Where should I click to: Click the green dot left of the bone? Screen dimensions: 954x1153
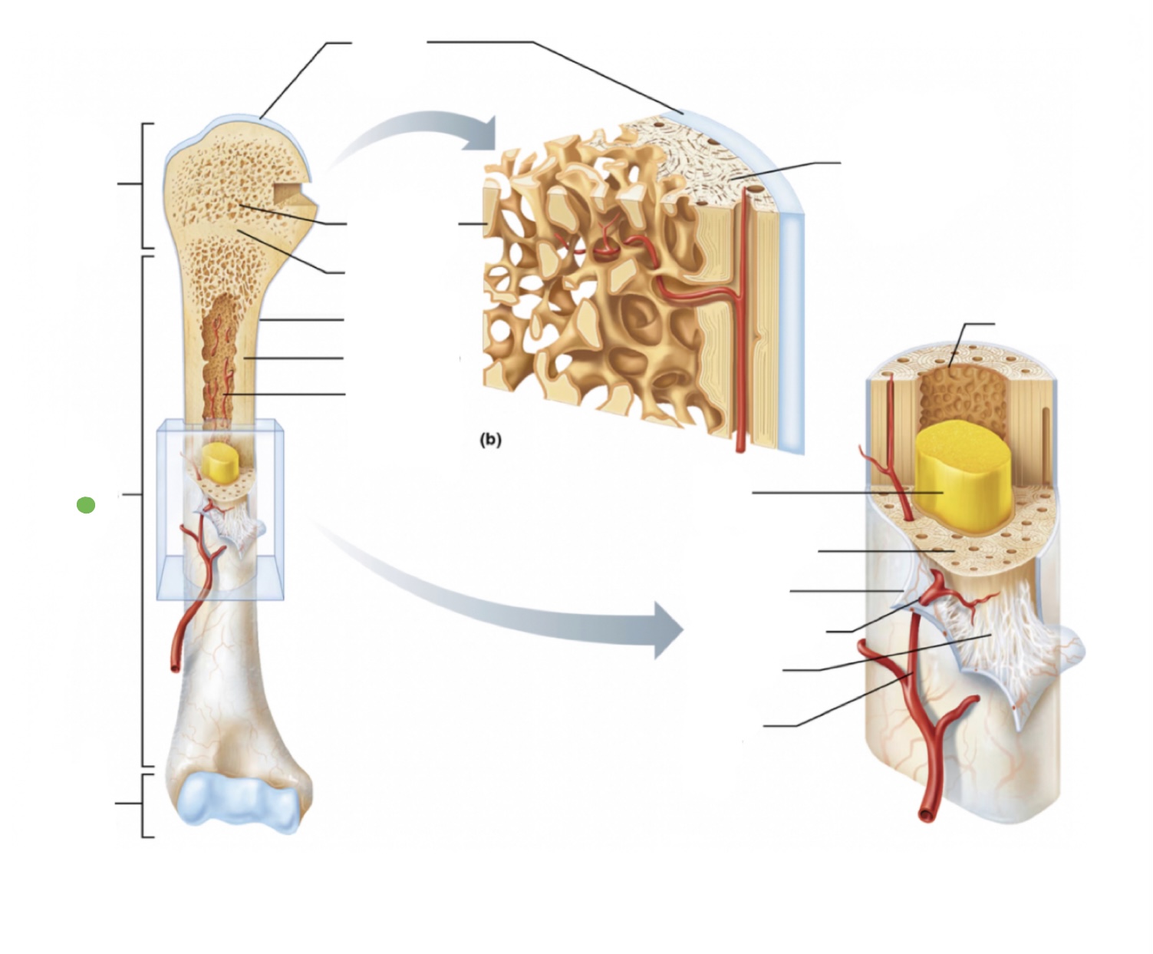coord(86,505)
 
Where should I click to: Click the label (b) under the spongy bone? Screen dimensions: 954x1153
coord(490,440)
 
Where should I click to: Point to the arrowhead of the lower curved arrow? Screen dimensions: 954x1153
coord(667,629)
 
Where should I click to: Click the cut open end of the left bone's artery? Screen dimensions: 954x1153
coord(176,665)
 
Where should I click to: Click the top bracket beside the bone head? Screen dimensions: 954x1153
coord(143,184)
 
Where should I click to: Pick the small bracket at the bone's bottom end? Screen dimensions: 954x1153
coord(143,804)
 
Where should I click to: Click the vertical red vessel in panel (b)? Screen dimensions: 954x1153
coord(743,345)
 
